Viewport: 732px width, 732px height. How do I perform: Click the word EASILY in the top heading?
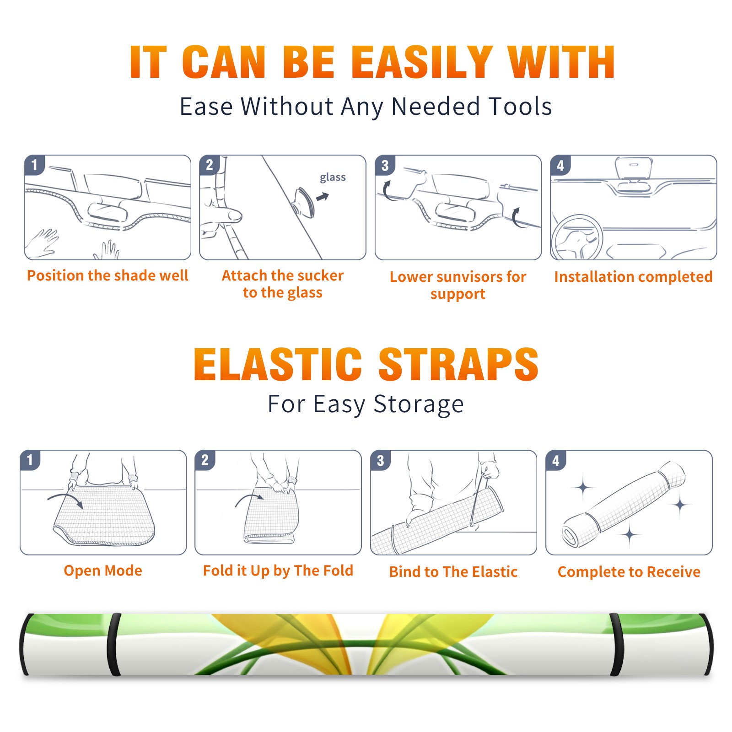click(421, 62)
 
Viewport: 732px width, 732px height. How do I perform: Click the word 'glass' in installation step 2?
click(333, 178)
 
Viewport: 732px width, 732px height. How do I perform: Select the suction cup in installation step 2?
click(304, 202)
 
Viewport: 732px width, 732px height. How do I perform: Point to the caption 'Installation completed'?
click(633, 276)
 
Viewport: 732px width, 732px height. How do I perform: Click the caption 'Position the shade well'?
click(108, 275)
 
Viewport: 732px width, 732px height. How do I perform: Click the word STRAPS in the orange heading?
click(458, 364)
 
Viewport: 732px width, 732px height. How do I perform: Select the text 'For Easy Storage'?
click(366, 404)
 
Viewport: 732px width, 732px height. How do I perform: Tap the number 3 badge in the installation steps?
click(385, 165)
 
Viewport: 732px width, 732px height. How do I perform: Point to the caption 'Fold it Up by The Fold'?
click(278, 571)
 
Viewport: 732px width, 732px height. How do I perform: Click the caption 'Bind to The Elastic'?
click(453, 572)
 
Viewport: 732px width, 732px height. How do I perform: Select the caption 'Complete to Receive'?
click(629, 572)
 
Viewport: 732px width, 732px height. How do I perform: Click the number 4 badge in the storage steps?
click(556, 460)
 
